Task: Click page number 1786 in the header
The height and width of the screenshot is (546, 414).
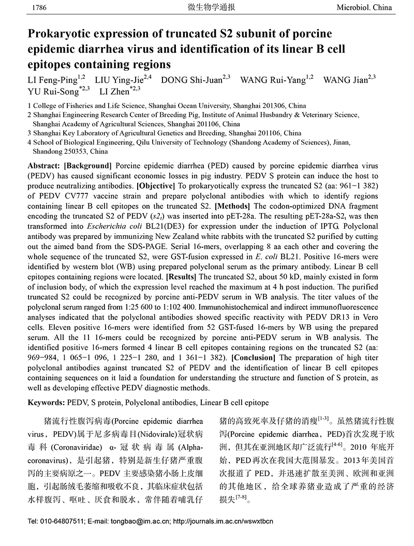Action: [39, 8]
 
